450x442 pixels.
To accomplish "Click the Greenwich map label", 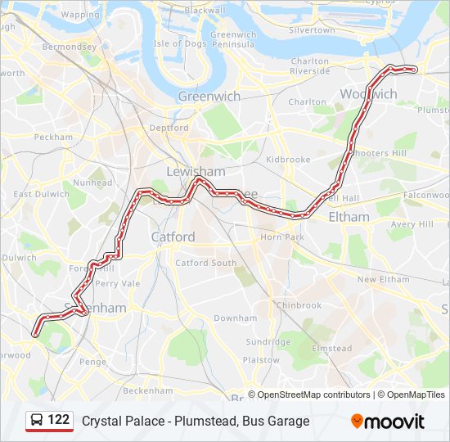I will tap(209, 96).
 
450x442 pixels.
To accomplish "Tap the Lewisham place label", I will tap(196, 171).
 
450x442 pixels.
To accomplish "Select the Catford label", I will tap(173, 237).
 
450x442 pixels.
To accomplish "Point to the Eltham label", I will tap(349, 217).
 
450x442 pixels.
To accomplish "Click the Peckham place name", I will tap(54, 137).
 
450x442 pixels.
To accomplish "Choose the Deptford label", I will tap(169, 128).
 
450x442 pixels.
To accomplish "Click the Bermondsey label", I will tap(70, 47).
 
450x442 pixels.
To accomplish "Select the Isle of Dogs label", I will tap(179, 43).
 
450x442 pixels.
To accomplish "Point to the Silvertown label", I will tap(312, 29).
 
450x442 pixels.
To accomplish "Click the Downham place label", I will tap(235, 318).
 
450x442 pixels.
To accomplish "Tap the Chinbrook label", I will tap(299, 305).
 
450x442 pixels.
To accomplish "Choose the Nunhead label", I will tap(92, 183).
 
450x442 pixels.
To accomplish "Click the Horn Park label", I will tap(282, 237).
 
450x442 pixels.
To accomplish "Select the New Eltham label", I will tap(383, 279).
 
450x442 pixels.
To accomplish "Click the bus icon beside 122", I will tap(37, 421).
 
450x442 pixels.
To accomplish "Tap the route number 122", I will tap(58, 420).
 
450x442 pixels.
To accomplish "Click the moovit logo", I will tap(388, 422).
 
